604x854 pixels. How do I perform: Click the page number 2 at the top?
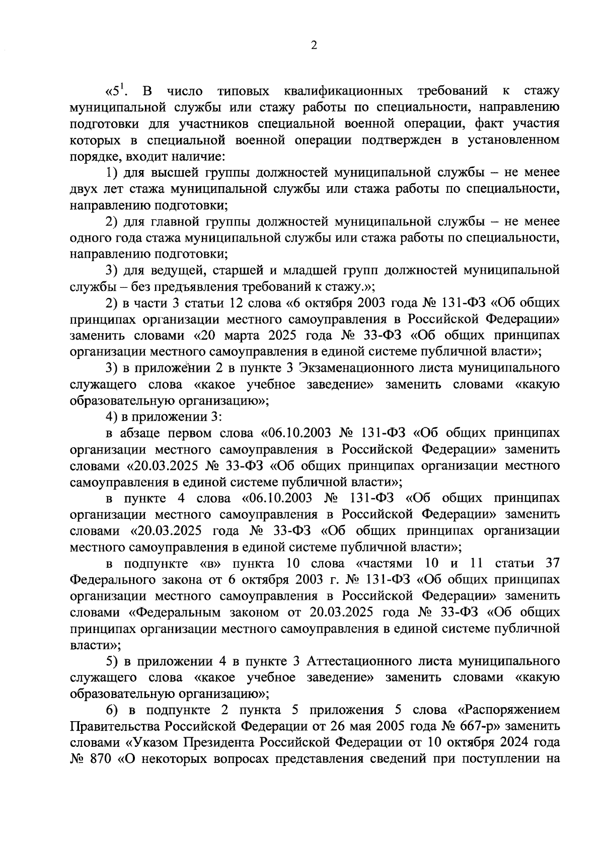(314, 46)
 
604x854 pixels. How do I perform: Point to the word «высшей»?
(174, 173)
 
